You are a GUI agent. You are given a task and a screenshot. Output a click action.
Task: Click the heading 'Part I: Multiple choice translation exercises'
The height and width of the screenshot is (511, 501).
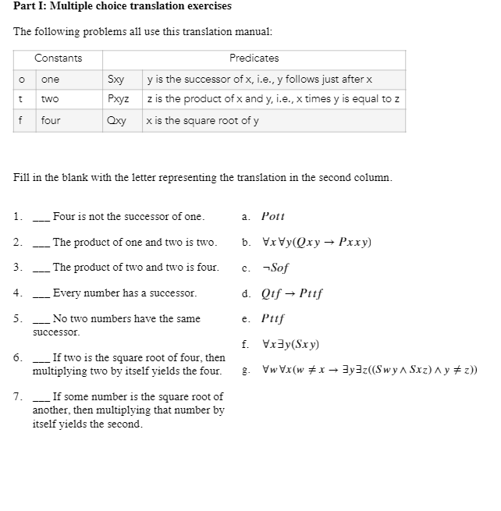123,6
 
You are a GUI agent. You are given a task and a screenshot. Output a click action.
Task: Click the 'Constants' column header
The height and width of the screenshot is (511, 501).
58,59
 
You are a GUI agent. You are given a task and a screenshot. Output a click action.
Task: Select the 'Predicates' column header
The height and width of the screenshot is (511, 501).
254,59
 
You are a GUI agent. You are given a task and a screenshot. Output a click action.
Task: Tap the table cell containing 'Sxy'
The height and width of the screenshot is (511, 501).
115,80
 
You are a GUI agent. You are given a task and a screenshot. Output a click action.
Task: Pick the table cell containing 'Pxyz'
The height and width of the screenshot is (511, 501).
118,99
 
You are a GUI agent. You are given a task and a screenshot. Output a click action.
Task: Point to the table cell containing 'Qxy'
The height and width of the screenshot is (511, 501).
116,120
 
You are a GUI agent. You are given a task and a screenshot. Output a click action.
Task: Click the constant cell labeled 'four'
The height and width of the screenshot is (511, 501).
51,120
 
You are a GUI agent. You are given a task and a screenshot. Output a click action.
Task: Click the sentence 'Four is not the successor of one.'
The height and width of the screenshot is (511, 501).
128,216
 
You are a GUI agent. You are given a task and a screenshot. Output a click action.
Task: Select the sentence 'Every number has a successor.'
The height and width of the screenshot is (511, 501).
124,293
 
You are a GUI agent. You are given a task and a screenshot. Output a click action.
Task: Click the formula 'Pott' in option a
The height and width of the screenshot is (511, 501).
273,216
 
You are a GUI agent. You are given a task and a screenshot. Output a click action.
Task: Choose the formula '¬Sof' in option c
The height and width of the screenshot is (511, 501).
275,268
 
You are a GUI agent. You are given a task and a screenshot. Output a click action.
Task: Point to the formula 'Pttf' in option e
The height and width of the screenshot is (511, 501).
273,318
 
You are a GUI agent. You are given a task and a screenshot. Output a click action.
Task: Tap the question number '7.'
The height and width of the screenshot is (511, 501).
18,396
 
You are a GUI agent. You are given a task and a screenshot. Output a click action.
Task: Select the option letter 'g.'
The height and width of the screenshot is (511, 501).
246,370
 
